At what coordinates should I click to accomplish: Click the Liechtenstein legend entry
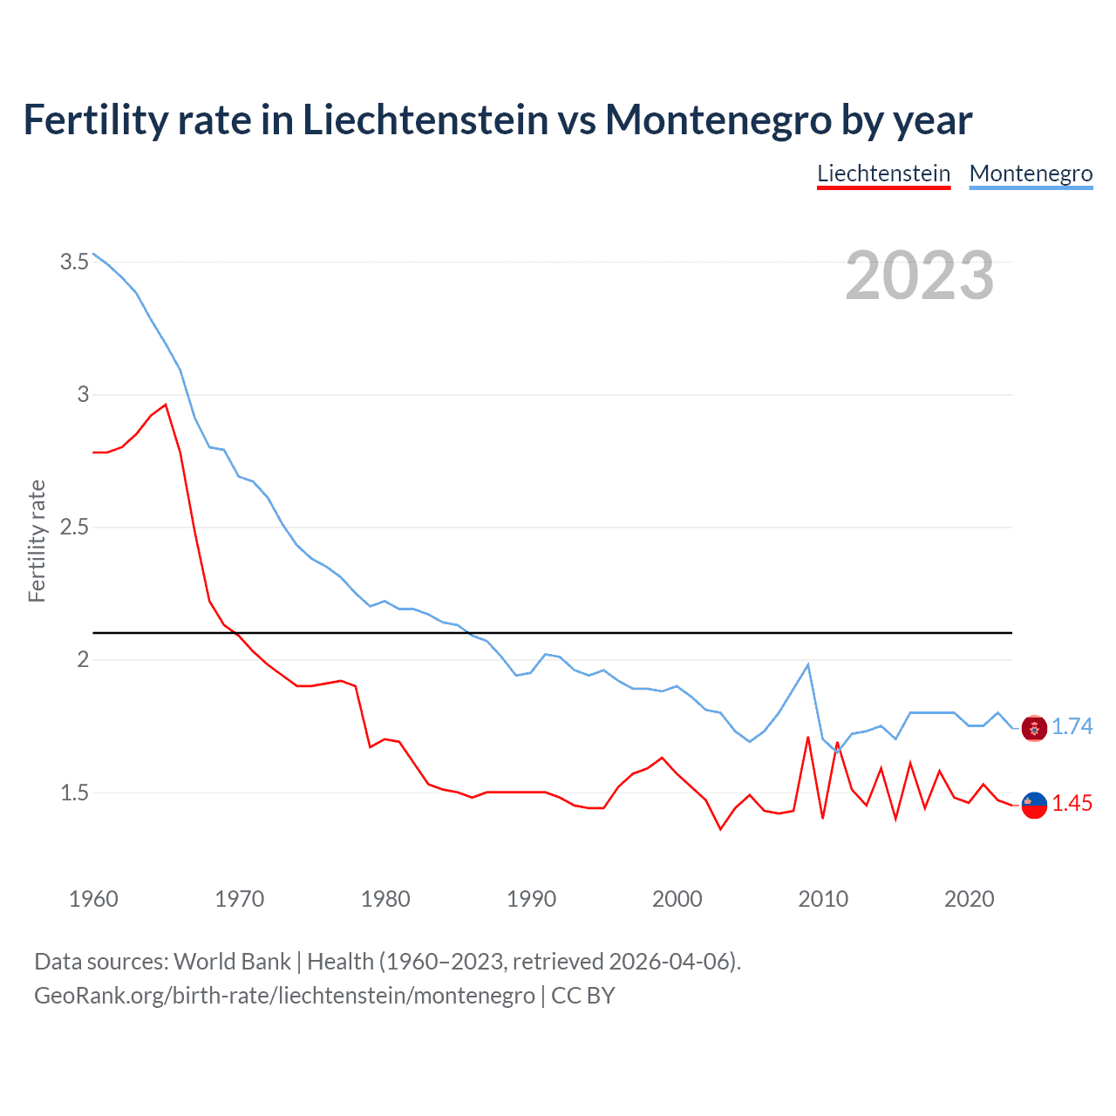click(883, 174)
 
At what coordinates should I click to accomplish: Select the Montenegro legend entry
click(1031, 174)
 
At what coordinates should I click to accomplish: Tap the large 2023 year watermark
click(920, 276)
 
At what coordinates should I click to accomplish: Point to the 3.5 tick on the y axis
click(74, 262)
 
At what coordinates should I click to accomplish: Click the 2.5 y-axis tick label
click(74, 527)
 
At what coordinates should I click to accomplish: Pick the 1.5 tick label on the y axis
click(74, 793)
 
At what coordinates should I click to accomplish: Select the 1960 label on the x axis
click(93, 899)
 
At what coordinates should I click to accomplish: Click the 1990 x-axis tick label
click(531, 899)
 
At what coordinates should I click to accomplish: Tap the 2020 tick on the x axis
click(969, 899)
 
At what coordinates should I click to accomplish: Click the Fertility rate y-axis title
click(37, 541)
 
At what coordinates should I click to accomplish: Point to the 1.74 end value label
click(1072, 726)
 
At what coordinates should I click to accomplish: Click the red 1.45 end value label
click(1072, 803)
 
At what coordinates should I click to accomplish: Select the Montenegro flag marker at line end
click(1034, 728)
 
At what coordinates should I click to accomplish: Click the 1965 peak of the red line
click(166, 405)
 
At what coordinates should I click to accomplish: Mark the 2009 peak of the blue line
click(808, 665)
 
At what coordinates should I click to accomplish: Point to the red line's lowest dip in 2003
click(720, 828)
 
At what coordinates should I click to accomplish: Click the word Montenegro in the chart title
click(718, 119)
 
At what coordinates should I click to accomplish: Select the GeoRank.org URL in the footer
click(284, 995)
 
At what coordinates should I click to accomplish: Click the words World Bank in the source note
click(232, 962)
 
